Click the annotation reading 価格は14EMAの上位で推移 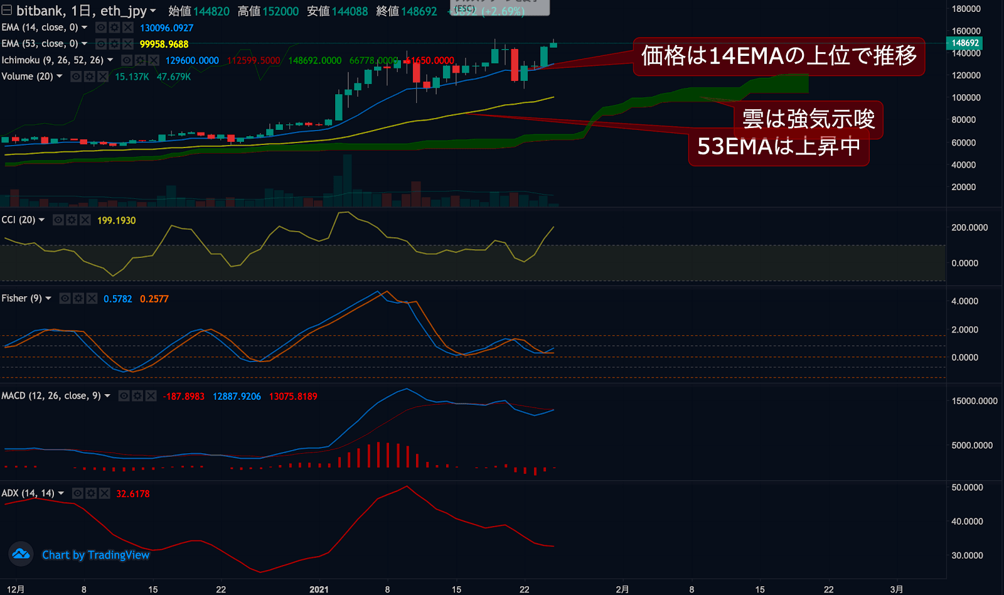coord(779,56)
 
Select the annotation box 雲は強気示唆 coord(808,119)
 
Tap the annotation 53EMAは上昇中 coord(778,147)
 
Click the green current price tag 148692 coord(964,43)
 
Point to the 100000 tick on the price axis coord(966,97)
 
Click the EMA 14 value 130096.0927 coord(166,28)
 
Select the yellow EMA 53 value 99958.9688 coord(164,44)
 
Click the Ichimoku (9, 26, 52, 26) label coord(52,60)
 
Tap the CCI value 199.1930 coord(116,220)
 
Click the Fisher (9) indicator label coord(21,298)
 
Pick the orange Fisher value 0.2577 coord(154,299)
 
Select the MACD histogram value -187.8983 coord(183,396)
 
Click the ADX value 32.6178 coord(132,493)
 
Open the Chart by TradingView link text coord(95,555)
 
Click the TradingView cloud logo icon coord(21,554)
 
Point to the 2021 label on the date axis coord(319,589)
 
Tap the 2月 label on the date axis coord(622,589)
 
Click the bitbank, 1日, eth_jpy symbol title coord(81,11)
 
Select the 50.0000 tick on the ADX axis coord(967,487)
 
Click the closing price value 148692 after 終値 coord(419,11)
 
